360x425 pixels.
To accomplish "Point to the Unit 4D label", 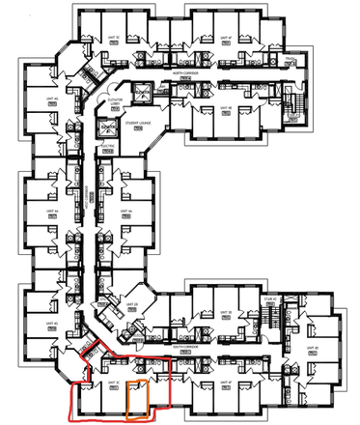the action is click(x=312, y=347).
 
